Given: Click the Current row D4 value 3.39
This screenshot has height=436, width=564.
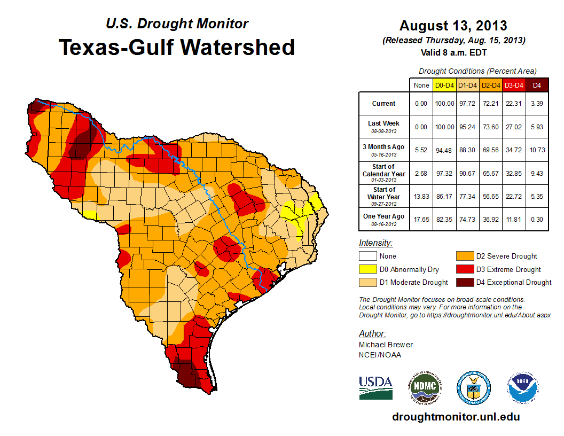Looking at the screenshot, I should coord(537,104).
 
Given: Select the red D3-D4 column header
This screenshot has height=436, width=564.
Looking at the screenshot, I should coord(514,85).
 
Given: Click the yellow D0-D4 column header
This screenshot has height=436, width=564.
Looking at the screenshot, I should coord(444,85).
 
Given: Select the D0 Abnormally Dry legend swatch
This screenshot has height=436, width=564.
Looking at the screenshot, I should coord(367,269).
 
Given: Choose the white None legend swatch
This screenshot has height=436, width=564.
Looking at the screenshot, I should coord(367,256).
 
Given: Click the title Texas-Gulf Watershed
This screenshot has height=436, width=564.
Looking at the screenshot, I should coord(176,47).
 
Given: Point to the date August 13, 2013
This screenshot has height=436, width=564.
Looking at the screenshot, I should coord(453,26).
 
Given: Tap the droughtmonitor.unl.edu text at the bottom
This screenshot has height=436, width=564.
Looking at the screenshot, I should coord(456,417).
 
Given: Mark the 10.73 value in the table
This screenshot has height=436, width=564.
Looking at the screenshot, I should coord(537,150).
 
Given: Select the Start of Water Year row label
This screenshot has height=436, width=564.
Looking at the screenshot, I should coord(383,193).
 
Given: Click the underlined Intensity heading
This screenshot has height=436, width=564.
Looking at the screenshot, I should coord(376,243).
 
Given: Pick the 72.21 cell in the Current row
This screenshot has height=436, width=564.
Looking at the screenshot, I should coord(491,104).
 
